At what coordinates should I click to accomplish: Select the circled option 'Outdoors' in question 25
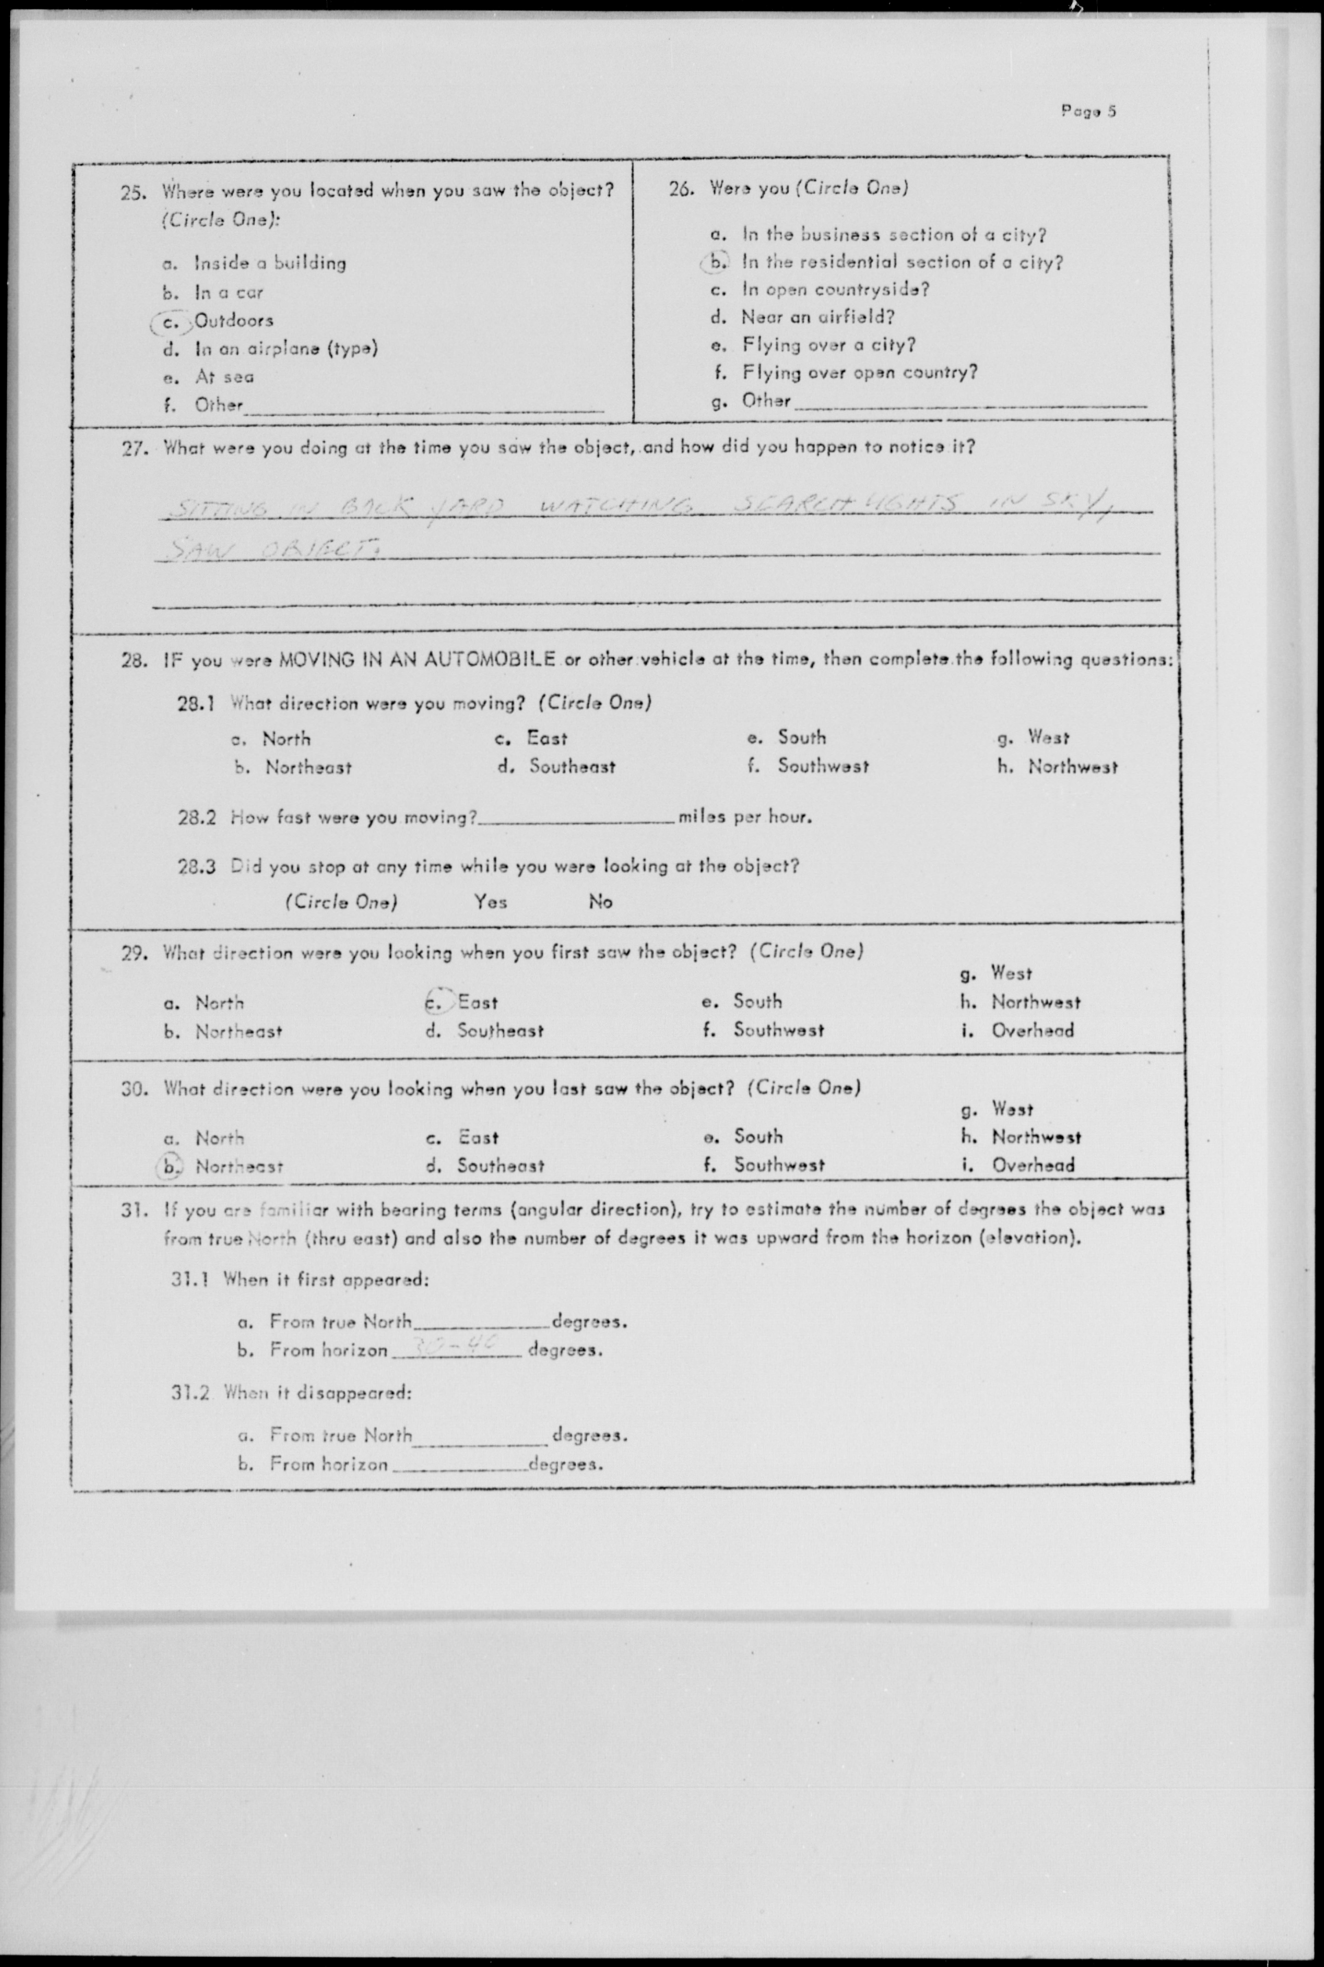pyautogui.click(x=233, y=321)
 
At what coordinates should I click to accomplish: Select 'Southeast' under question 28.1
pyautogui.click(x=572, y=767)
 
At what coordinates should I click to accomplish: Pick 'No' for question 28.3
pyautogui.click(x=600, y=902)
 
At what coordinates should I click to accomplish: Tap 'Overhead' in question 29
pyautogui.click(x=1032, y=1031)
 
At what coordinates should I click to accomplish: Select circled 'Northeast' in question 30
pyautogui.click(x=238, y=1167)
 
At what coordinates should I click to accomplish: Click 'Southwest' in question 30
pyautogui.click(x=778, y=1165)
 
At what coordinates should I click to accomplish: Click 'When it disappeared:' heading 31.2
pyautogui.click(x=317, y=1392)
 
